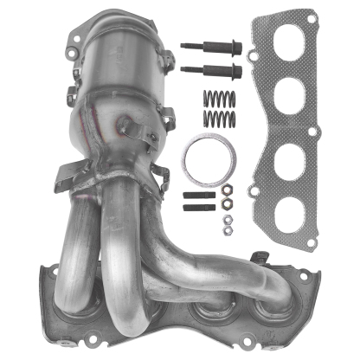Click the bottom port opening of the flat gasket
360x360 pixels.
287,221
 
